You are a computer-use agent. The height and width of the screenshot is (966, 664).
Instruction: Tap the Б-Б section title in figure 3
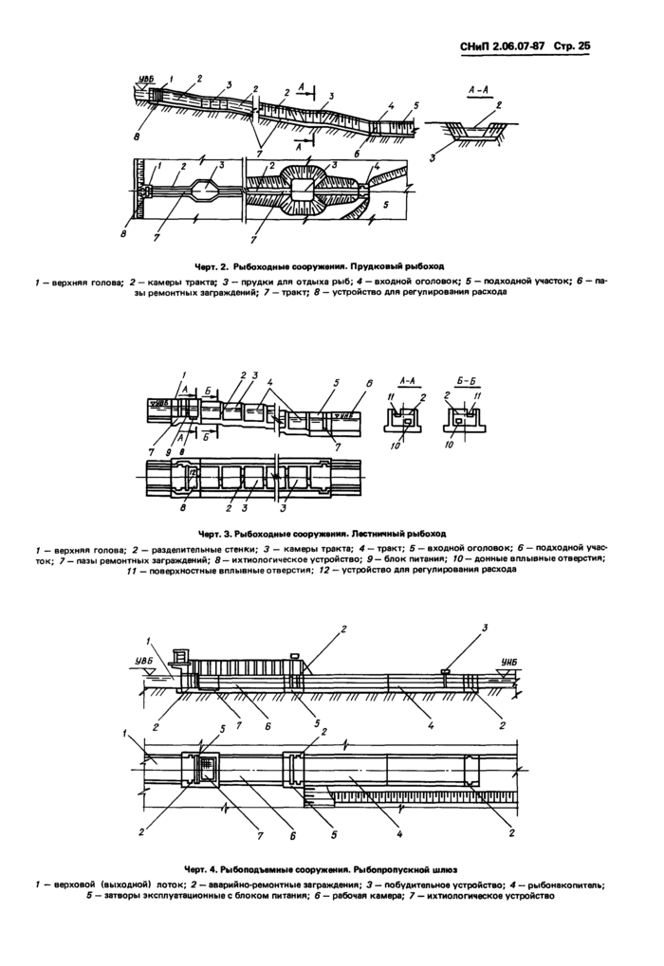(460, 382)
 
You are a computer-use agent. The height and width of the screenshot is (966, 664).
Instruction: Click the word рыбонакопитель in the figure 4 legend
(567, 884)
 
